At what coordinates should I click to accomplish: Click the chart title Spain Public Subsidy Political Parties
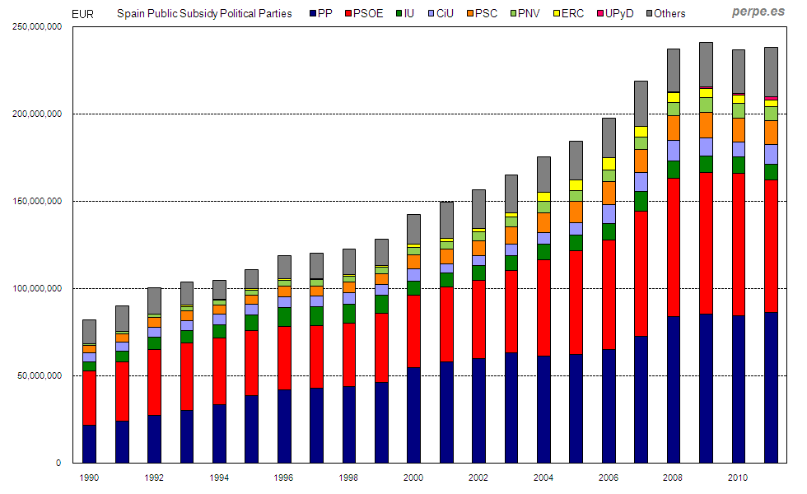(204, 13)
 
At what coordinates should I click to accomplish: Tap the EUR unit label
(82, 13)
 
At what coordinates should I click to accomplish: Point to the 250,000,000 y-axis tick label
(39, 26)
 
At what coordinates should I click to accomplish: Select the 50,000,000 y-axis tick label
(41, 375)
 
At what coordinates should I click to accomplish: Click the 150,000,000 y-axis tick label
(39, 201)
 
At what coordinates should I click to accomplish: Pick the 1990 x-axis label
(89, 477)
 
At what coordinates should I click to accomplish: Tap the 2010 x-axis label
(738, 477)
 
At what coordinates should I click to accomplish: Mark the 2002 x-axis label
(478, 477)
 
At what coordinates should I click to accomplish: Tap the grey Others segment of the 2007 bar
(641, 103)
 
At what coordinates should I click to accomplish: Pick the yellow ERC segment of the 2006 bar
(609, 163)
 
